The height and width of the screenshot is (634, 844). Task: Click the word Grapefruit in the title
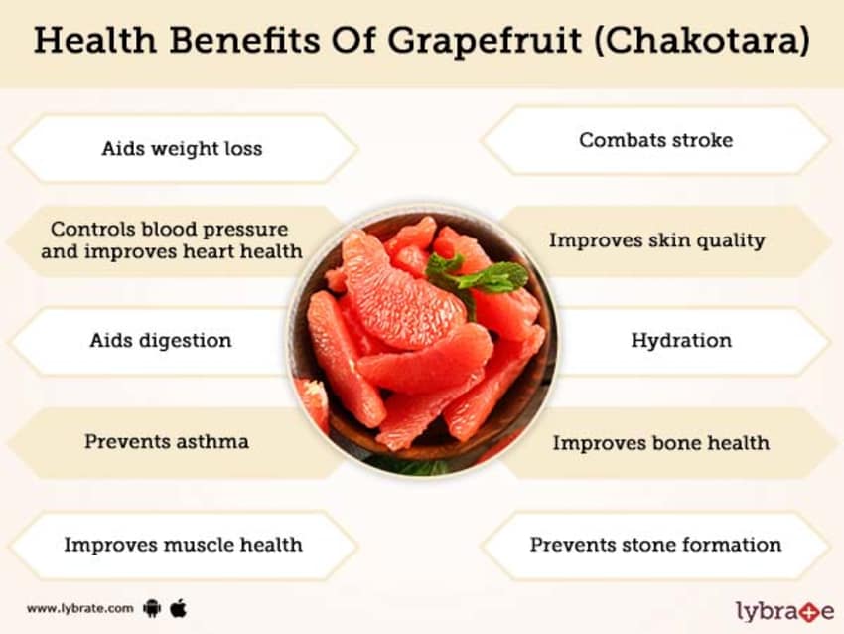point(485,41)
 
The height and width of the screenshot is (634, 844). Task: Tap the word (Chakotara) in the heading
point(702,40)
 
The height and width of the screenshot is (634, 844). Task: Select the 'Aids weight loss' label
point(182,148)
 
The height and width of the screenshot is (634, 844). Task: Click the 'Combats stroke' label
point(655,140)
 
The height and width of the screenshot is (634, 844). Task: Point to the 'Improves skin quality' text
point(656,240)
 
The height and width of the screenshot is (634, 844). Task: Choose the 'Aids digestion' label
point(161,341)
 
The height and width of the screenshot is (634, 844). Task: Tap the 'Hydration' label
point(681,341)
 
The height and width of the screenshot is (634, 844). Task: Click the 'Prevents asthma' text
point(167,441)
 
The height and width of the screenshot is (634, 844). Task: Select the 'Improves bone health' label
point(661,443)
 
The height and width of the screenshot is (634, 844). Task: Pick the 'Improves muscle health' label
point(183,544)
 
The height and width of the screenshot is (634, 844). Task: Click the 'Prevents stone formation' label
point(655,544)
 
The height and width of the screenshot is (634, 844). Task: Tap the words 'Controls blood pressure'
point(169,229)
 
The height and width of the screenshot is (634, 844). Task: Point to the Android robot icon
point(152,609)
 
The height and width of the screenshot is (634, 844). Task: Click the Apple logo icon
point(178,608)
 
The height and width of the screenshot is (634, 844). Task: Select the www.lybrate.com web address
point(80,609)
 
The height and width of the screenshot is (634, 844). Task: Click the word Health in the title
point(95,40)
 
